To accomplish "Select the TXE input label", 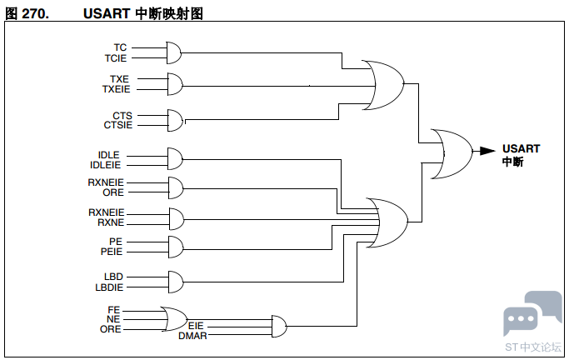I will coord(119,79).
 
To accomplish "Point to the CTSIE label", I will coord(117,125).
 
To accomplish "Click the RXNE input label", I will coord(111,222).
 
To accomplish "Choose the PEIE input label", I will coord(112,251).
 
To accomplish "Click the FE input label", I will coord(114,310).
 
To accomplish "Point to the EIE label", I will coord(196,326).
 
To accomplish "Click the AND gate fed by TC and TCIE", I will coord(175,53).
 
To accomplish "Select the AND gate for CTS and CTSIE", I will coord(175,120).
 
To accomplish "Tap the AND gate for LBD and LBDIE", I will coord(175,281).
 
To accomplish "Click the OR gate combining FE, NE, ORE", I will coord(175,319).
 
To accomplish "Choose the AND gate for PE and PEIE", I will coord(175,247).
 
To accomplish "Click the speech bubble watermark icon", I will coord(531,313).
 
